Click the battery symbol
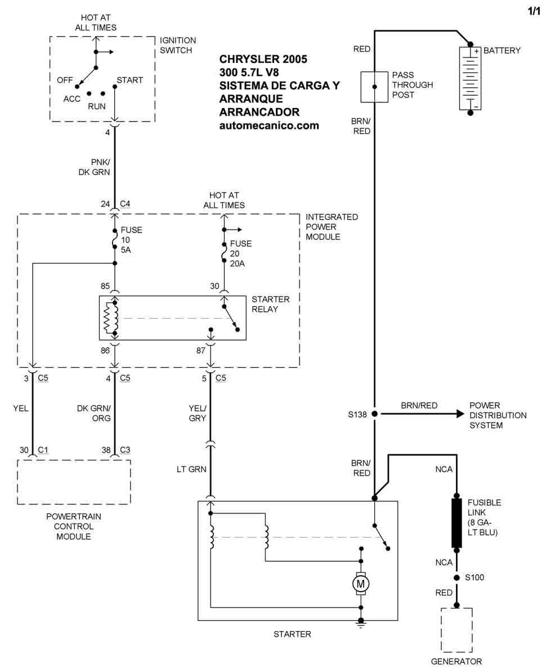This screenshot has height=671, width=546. point(470,78)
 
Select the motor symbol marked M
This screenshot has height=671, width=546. point(360,584)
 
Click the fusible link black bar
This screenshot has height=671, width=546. point(457,522)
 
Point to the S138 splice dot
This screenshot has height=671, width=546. point(373,414)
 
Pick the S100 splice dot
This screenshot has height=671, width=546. point(457,578)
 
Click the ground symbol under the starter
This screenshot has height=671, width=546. point(361,624)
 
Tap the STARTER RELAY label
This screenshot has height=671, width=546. point(271,304)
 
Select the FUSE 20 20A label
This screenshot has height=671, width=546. point(240,253)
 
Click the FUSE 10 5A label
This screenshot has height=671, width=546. point(131,240)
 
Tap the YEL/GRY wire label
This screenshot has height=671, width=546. point(197,413)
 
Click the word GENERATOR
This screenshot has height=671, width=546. point(457,661)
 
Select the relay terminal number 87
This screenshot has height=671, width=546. point(200,351)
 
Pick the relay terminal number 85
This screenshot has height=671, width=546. point(105,286)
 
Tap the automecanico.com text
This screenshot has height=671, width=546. point(268,126)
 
